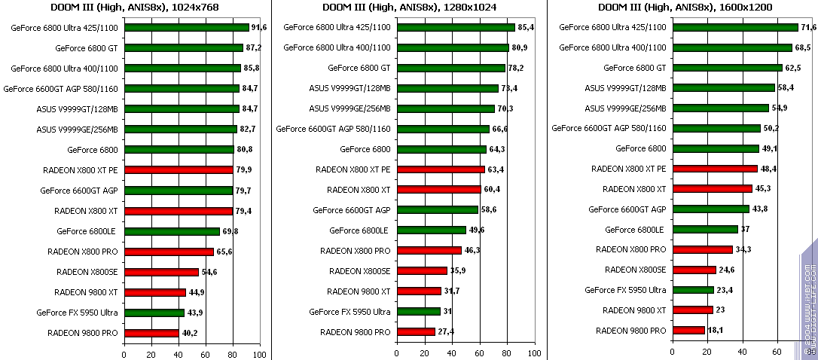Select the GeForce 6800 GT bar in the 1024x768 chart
coord(184,47)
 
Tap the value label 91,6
coord(259,27)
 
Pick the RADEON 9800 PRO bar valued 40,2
coord(151,332)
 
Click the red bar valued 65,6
coord(169,251)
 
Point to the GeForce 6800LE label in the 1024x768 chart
coord(90,231)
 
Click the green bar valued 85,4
coord(456,27)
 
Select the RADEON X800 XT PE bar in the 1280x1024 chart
coord(441,169)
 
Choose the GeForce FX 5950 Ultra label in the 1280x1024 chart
coord(349,312)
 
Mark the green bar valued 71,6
coord(735,27)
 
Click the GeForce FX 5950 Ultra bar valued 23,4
coord(693,290)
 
